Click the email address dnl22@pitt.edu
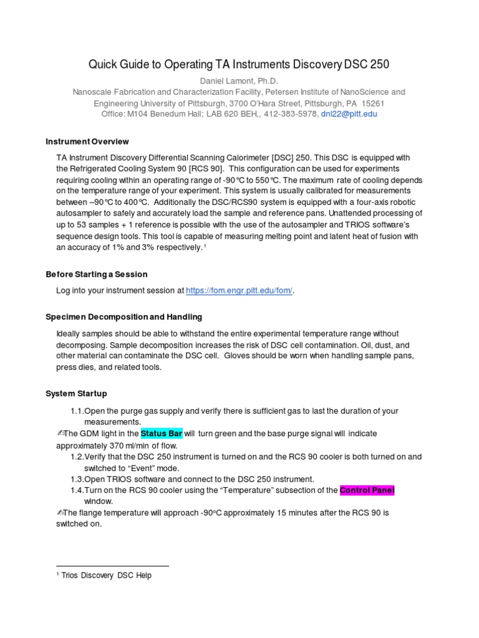pyautogui.click(x=349, y=114)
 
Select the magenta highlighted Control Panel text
pyautogui.click(x=367, y=490)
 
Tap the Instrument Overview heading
pyautogui.click(x=87, y=141)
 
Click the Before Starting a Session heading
pyautogui.click(x=97, y=274)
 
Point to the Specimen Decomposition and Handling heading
pyautogui.click(x=123, y=317)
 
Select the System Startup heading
pyautogui.click(x=76, y=394)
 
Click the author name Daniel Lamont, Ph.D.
pyautogui.click(x=239, y=81)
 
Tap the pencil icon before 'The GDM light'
pyautogui.click(x=60, y=433)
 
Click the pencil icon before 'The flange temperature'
pyautogui.click(x=60, y=513)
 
